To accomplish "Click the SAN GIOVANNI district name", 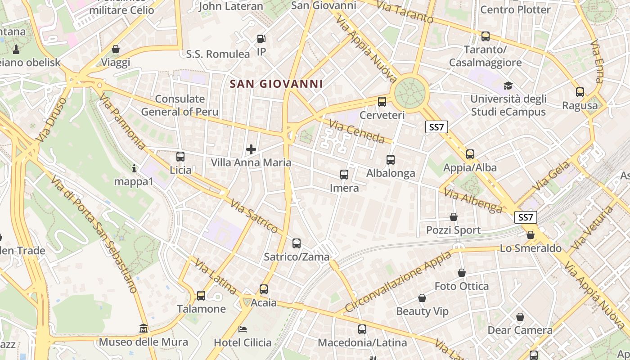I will coord(276,84).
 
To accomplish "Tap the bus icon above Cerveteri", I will coord(382,101).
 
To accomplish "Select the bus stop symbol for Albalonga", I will coord(391,159).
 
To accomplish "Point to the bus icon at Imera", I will coord(344,174).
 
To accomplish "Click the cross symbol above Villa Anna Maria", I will coord(251,149).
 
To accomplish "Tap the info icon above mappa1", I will coord(134,169).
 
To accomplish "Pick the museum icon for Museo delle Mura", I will coord(144,328).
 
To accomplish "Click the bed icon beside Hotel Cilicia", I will coord(243,329).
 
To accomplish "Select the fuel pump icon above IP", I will coord(261,39).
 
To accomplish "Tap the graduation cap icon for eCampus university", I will coord(508,85).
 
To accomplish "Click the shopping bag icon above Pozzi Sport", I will coord(454,217).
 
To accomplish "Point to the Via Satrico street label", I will coord(254,216).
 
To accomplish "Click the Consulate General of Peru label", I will coord(180,105).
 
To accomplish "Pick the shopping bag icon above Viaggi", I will coord(116,49).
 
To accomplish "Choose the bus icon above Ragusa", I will coord(580,92).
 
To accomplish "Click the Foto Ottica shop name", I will coord(462,286).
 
